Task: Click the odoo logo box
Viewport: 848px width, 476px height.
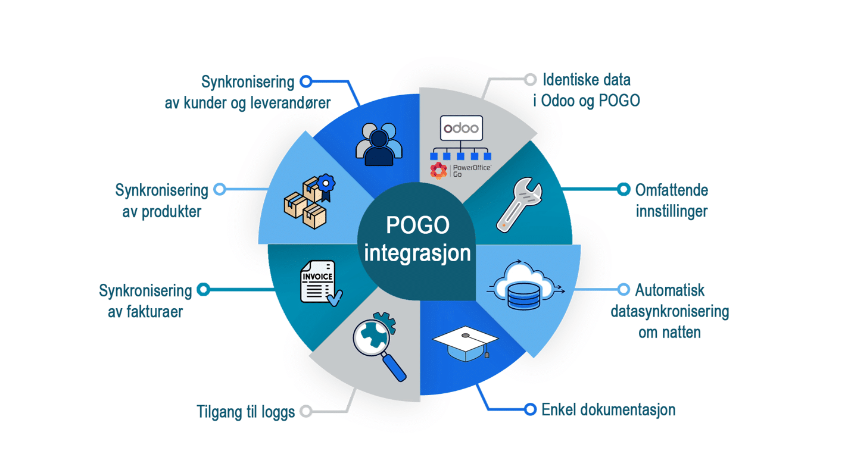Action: click(461, 128)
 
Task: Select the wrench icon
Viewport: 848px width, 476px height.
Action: click(519, 204)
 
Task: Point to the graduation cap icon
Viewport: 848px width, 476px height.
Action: click(465, 343)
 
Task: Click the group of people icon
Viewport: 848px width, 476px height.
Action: click(379, 144)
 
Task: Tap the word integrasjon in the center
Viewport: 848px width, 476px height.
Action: click(417, 253)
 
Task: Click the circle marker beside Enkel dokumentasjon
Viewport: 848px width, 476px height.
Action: click(530, 409)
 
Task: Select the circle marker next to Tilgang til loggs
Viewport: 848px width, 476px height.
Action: click(306, 411)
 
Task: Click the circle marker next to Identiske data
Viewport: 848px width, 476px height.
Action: click(531, 80)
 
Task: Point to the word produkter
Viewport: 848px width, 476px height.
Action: click(171, 212)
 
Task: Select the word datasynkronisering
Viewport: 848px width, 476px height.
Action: click(670, 312)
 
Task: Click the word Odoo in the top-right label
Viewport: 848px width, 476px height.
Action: click(559, 101)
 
